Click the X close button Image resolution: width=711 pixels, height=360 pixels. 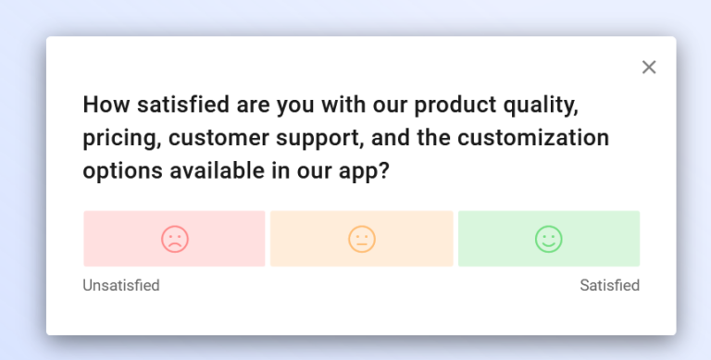coord(649,67)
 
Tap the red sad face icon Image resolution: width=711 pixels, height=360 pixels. coord(174,239)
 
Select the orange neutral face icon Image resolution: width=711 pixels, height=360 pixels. coord(362,239)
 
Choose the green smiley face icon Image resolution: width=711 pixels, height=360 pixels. coord(549,239)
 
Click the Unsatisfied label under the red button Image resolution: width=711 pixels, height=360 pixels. coord(121,285)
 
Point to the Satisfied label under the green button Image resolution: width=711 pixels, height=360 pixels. coord(609,285)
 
